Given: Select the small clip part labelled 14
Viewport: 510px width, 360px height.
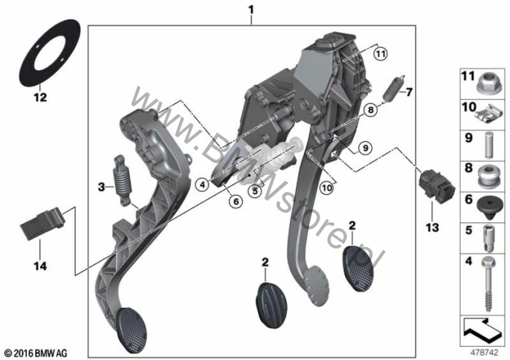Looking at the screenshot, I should tap(42, 223).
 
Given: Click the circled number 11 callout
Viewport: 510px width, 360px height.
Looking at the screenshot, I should tap(380, 54).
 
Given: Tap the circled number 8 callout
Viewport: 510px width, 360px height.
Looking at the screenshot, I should tap(369, 109).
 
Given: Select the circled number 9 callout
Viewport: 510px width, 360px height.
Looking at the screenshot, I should tap(364, 148).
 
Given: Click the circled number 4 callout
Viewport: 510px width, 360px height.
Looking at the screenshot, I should tap(201, 182).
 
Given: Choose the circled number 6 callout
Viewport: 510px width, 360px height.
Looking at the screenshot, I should tap(233, 199).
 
